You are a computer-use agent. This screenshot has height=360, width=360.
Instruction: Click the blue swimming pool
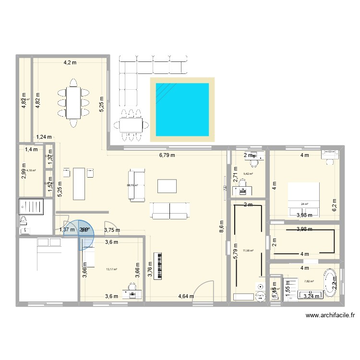[x=181, y=109]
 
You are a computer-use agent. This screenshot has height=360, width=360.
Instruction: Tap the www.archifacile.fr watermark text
[x=330, y=316]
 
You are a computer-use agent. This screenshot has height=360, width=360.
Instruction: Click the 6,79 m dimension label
[x=167, y=155]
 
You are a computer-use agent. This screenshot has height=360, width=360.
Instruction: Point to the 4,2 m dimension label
[x=71, y=62]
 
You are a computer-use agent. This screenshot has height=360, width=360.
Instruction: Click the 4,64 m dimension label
[x=186, y=296]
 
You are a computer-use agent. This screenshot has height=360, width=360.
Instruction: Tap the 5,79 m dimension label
[x=235, y=252]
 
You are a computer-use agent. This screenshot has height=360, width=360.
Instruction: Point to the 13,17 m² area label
[x=111, y=269]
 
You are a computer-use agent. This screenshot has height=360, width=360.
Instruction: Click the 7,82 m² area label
[x=309, y=282]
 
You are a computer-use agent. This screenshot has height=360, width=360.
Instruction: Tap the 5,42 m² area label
[x=249, y=174]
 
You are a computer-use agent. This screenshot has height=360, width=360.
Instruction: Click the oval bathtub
[x=330, y=283]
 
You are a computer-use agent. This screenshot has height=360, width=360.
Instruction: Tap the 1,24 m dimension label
[x=44, y=137]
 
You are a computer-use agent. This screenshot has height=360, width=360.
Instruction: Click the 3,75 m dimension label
[x=112, y=230]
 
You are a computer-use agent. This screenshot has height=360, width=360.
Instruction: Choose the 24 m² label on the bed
[x=304, y=204]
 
